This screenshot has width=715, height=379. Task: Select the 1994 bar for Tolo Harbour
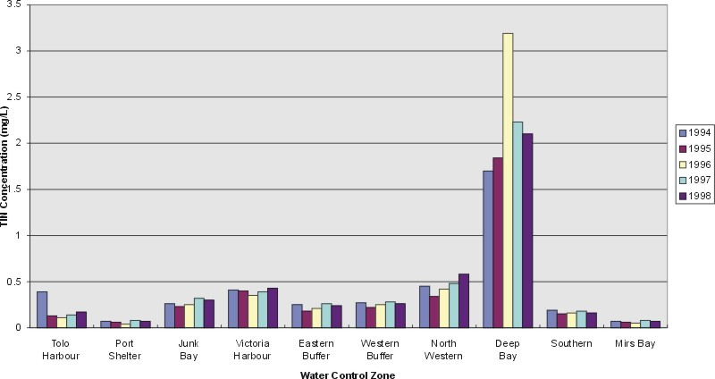click(42, 309)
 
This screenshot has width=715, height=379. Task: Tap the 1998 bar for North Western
click(463, 300)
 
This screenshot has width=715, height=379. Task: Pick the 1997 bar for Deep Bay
click(517, 224)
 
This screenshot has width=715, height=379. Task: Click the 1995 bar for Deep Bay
click(498, 242)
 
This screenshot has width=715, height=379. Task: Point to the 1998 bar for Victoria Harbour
click(273, 307)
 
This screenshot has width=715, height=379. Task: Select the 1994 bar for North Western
click(424, 307)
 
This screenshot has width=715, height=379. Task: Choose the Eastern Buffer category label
click(309, 349)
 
